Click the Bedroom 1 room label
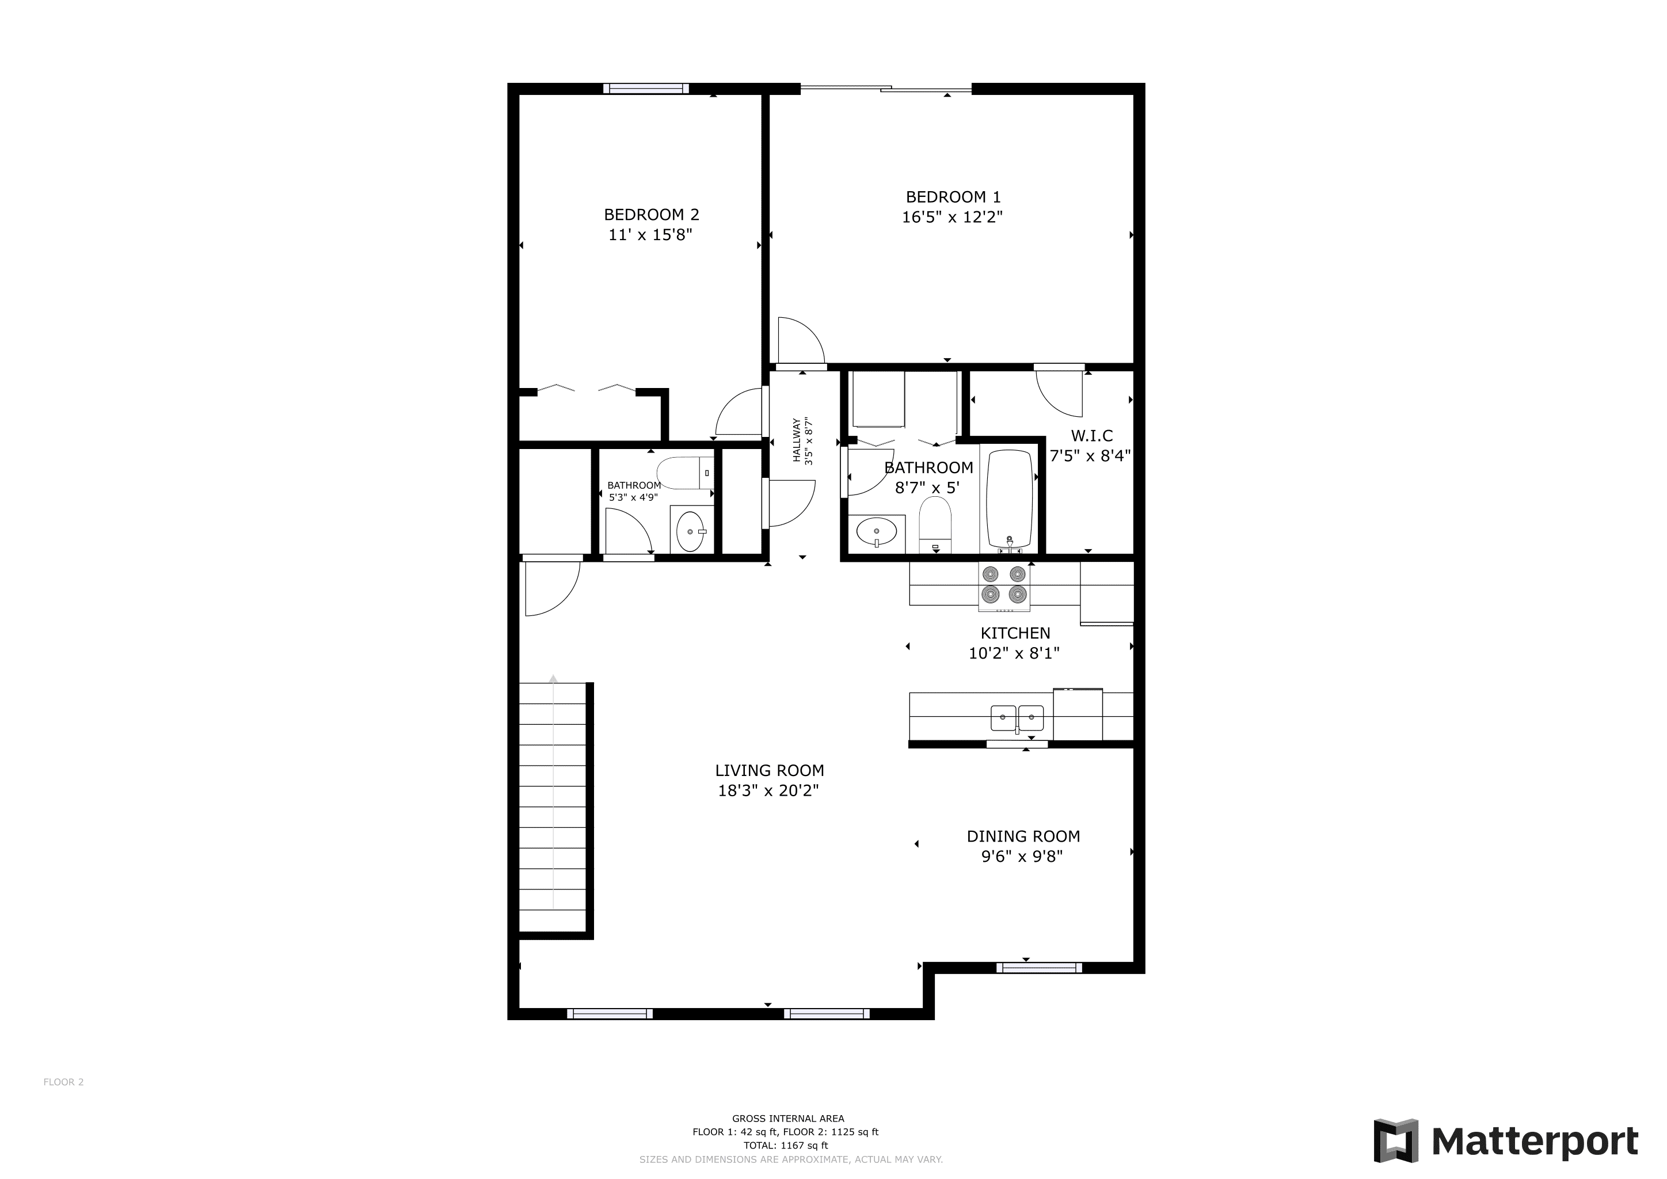click(x=953, y=197)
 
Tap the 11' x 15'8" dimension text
click(x=650, y=234)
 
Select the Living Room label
click(x=769, y=770)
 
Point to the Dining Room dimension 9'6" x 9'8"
click(x=1022, y=857)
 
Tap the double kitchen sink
click(x=1017, y=718)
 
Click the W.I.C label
click(x=1091, y=436)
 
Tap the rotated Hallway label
click(x=797, y=440)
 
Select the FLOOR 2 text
click(x=64, y=1082)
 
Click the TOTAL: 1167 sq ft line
click(x=786, y=1145)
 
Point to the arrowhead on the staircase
click(x=553, y=679)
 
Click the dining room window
click(x=1039, y=967)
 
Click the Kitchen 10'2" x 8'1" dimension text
click(x=1014, y=653)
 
